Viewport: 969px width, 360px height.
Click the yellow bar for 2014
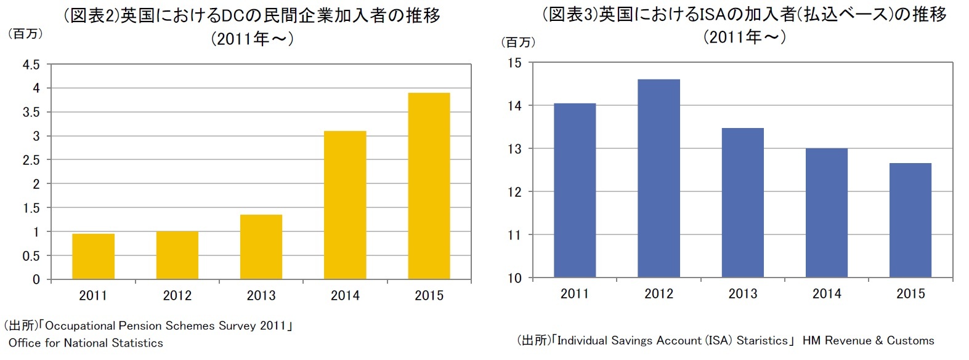[x=345, y=205]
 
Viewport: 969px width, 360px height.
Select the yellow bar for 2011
[x=93, y=257]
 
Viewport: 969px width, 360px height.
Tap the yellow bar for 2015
[x=429, y=186]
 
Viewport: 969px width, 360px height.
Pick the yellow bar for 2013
[x=261, y=247]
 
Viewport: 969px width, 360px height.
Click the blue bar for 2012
[x=659, y=178]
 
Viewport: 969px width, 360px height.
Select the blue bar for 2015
[x=910, y=220]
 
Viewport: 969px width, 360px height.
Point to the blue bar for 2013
[x=742, y=202]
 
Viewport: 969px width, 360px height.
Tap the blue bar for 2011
[x=575, y=190]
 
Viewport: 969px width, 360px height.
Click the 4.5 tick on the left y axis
[x=31, y=65]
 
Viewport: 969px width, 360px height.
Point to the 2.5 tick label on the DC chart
[x=31, y=160]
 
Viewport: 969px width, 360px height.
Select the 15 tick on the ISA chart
[x=514, y=63]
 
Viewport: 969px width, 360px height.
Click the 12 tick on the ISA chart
[x=514, y=192]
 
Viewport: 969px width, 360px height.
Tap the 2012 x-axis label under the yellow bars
[x=177, y=295]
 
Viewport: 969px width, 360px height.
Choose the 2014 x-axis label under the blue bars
[x=826, y=294]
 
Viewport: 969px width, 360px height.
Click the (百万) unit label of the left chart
[x=25, y=34]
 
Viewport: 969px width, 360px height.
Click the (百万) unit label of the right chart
[x=518, y=42]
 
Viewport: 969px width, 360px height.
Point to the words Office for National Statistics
[x=86, y=343]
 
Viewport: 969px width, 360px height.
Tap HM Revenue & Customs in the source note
[x=868, y=340]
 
